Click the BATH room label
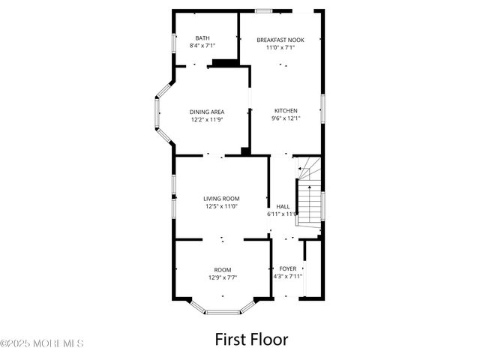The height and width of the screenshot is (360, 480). [x=202, y=37]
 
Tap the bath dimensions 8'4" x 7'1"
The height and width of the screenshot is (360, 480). [x=202, y=46]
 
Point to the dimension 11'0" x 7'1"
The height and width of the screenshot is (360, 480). [x=280, y=47]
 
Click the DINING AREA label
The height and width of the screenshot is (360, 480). [x=207, y=112]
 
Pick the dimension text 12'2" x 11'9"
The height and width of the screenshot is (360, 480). [x=207, y=119]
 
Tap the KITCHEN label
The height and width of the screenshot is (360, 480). [x=285, y=110]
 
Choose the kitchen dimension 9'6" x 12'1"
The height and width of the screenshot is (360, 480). [x=285, y=118]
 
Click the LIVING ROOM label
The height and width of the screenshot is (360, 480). [x=221, y=199]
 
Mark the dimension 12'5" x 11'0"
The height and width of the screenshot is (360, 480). [x=221, y=206]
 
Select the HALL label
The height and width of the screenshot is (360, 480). [x=283, y=206]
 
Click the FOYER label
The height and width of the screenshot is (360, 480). [x=287, y=268]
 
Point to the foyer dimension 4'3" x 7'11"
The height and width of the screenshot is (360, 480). [x=287, y=276]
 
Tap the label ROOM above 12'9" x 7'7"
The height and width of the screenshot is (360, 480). [x=223, y=269]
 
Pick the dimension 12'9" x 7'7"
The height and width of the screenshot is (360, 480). [x=223, y=277]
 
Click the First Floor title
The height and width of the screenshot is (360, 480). [x=251, y=339]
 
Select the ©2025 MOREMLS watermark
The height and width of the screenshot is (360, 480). [x=42, y=344]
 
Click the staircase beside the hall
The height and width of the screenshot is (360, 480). [x=309, y=199]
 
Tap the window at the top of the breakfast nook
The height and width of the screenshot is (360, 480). [x=263, y=10]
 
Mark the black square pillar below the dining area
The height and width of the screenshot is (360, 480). [x=245, y=151]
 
